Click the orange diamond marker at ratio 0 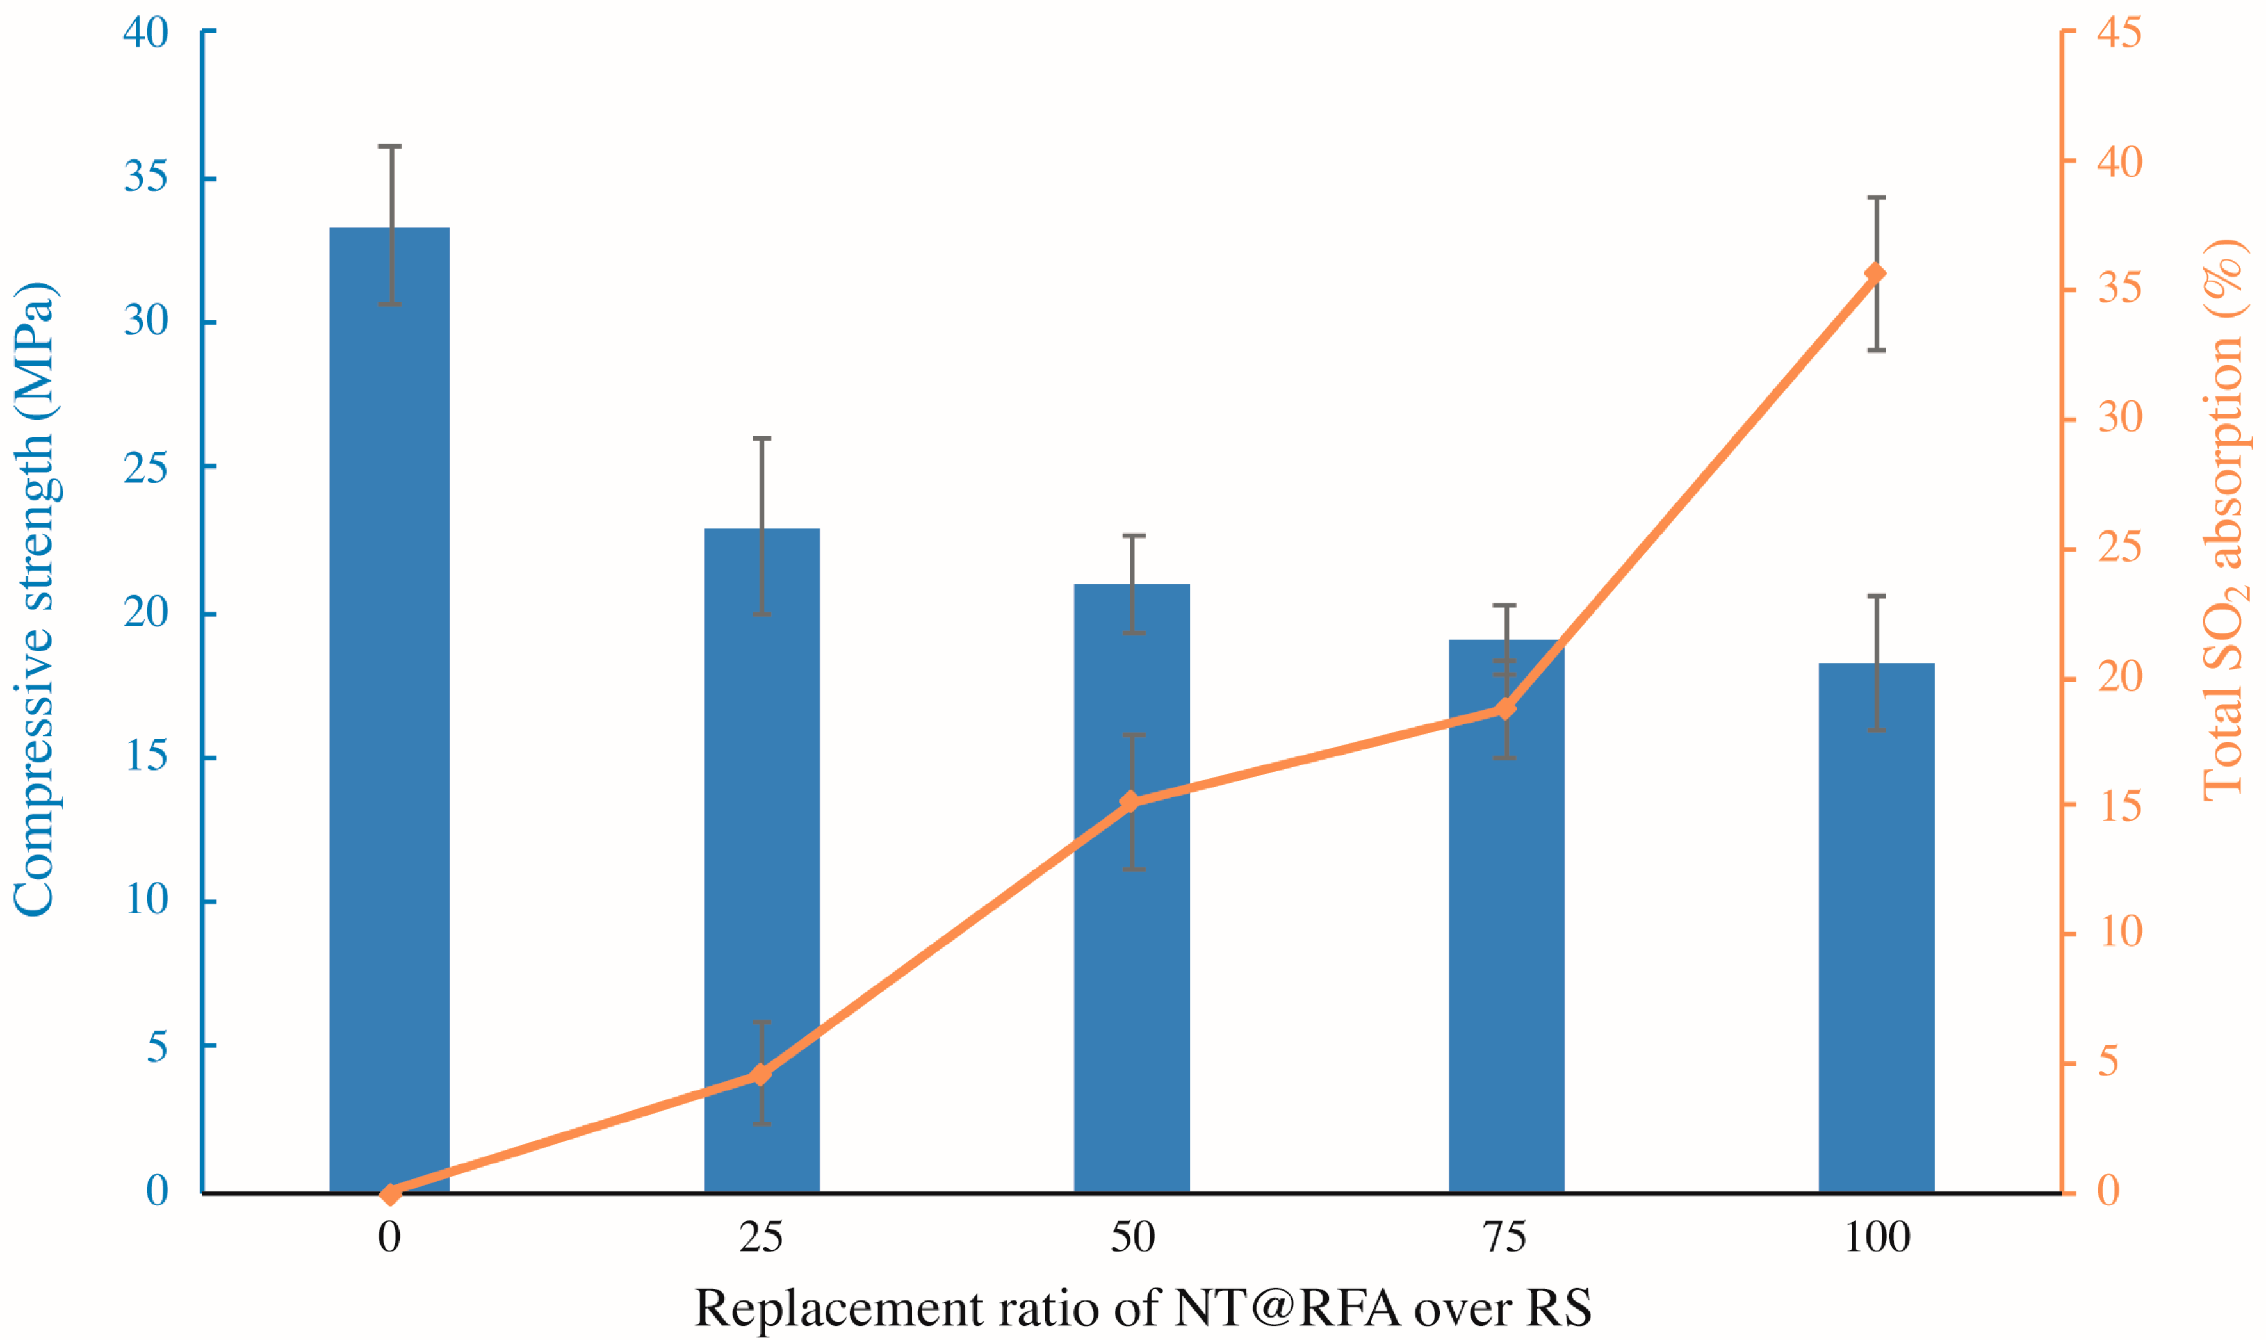point(390,1194)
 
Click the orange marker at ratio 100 point(1876,274)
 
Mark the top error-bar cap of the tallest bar point(389,146)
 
